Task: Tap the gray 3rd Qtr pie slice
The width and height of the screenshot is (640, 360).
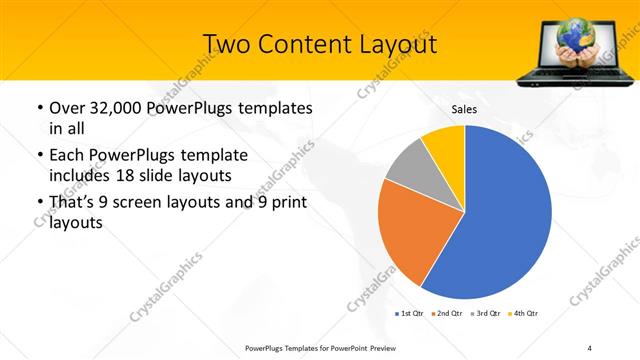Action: click(409, 169)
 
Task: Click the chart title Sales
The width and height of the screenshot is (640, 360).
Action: click(465, 109)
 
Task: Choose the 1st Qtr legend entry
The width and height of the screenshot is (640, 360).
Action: click(410, 314)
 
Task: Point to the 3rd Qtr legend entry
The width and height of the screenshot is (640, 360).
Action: click(486, 314)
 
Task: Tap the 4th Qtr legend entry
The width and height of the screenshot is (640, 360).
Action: click(523, 314)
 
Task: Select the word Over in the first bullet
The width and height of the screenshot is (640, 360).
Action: click(67, 108)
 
